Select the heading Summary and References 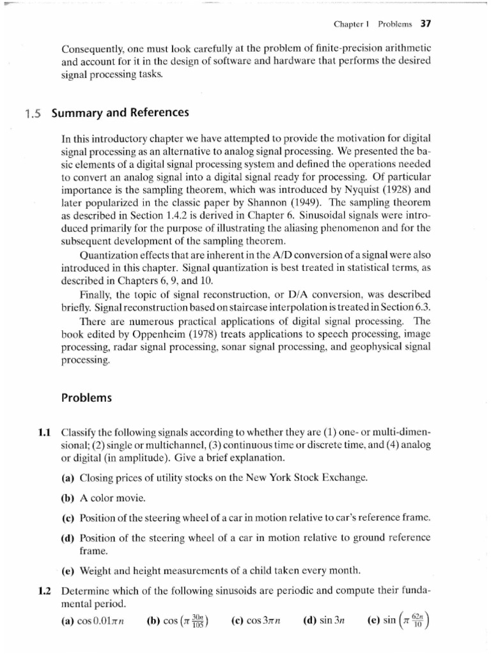click(x=120, y=112)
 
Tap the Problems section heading click(x=86, y=397)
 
